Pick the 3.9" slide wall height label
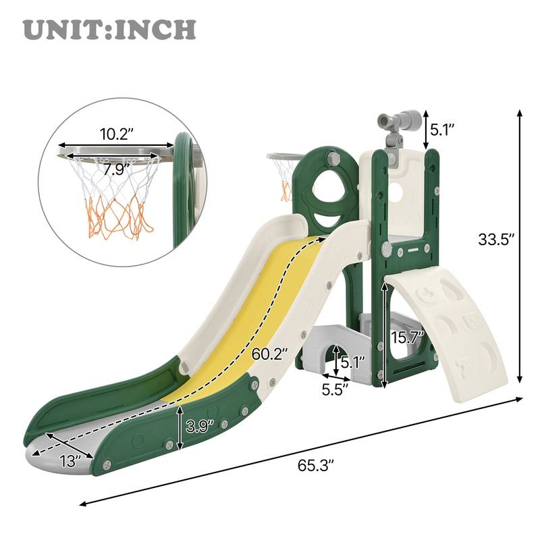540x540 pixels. coord(200,425)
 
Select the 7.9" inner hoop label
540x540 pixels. coord(115,169)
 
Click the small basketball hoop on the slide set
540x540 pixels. coord(283,172)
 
